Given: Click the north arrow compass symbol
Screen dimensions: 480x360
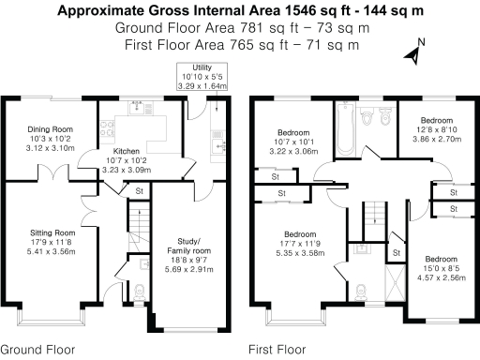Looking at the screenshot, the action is [413, 53].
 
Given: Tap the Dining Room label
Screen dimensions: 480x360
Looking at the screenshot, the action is [51, 129].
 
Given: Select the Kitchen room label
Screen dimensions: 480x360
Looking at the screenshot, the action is [127, 151].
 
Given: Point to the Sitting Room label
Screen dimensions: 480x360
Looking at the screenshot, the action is [52, 232].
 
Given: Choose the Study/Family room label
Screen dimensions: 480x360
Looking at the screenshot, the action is [188, 246].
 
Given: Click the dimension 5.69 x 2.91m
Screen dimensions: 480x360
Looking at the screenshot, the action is [189, 269].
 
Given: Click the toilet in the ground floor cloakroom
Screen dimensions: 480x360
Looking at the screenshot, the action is [140, 292].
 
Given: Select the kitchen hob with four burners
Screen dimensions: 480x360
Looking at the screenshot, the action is [107, 128].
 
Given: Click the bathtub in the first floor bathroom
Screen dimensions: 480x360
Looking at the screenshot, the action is [345, 128].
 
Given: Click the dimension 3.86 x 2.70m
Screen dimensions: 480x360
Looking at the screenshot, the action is [437, 139].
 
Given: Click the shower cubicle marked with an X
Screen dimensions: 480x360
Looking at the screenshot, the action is [396, 283].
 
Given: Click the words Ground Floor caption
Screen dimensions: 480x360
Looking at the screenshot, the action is [37, 350].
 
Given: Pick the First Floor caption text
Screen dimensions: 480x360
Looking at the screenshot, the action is [277, 350].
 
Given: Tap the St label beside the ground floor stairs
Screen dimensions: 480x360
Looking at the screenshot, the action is [140, 191].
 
